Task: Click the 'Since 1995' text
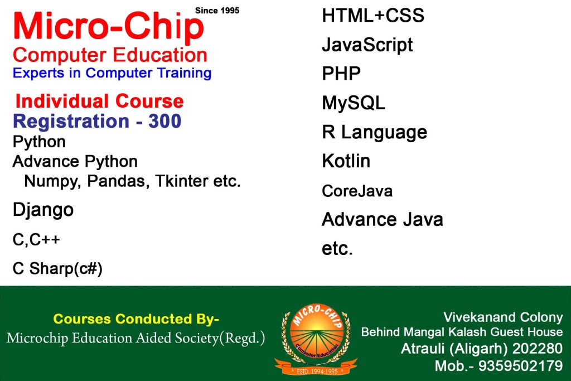[217, 11]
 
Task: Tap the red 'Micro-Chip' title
[109, 26]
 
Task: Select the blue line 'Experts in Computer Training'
[112, 73]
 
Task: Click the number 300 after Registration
[164, 121]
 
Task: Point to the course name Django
[43, 210]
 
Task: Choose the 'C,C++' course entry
[36, 240]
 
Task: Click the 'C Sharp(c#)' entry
[57, 269]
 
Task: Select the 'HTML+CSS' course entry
[373, 16]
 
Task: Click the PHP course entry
[341, 74]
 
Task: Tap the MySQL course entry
[353, 103]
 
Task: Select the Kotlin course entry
[346, 161]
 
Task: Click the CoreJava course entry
[357, 191]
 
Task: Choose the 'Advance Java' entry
[383, 220]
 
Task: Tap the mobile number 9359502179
[520, 365]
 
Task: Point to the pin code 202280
[537, 349]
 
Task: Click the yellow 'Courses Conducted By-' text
[136, 319]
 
